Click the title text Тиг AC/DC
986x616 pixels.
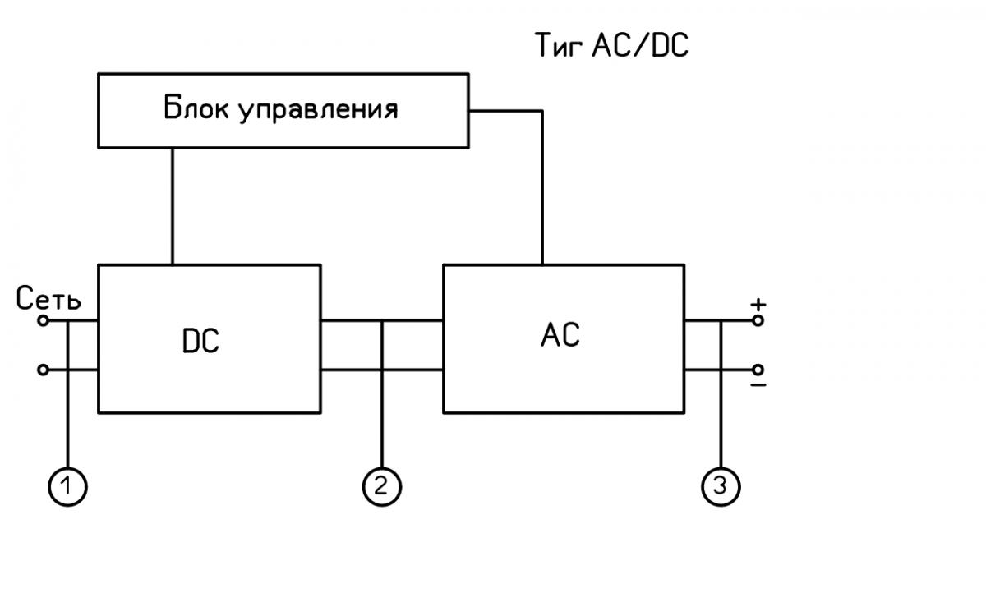pos(611,47)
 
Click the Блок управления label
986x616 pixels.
pos(280,109)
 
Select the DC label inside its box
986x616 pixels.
pos(200,342)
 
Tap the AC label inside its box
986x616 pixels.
pos(561,334)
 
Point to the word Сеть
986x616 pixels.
pos(48,301)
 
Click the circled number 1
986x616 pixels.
pos(67,486)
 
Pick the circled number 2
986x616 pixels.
pos(381,486)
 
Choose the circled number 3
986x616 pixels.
pos(721,486)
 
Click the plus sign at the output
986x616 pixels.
pos(758,304)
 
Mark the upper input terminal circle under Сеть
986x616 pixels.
pos(44,320)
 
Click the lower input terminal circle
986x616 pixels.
pos(44,370)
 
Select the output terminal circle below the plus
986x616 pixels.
pos(758,320)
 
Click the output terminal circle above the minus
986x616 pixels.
pos(758,370)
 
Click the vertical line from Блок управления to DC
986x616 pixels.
pos(173,205)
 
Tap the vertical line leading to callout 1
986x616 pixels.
pos(67,411)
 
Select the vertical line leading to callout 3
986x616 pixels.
pos(721,411)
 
